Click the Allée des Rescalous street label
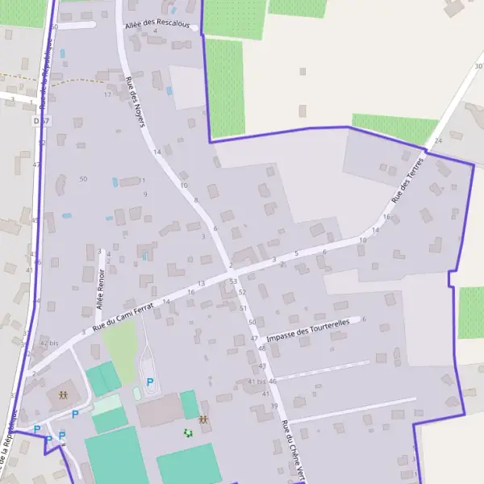(x=157, y=25)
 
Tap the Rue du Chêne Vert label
(x=291, y=449)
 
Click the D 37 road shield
(x=42, y=121)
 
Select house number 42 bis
(x=49, y=343)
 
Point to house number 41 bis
(x=257, y=381)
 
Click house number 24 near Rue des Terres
(x=438, y=140)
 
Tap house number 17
(x=107, y=94)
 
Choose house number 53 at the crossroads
(x=233, y=281)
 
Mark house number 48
(x=261, y=348)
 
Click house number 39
(x=274, y=405)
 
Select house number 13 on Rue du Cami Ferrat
(x=201, y=283)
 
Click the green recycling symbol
(x=188, y=433)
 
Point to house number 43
(x=262, y=366)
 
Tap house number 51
(x=243, y=308)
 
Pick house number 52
(x=242, y=292)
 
